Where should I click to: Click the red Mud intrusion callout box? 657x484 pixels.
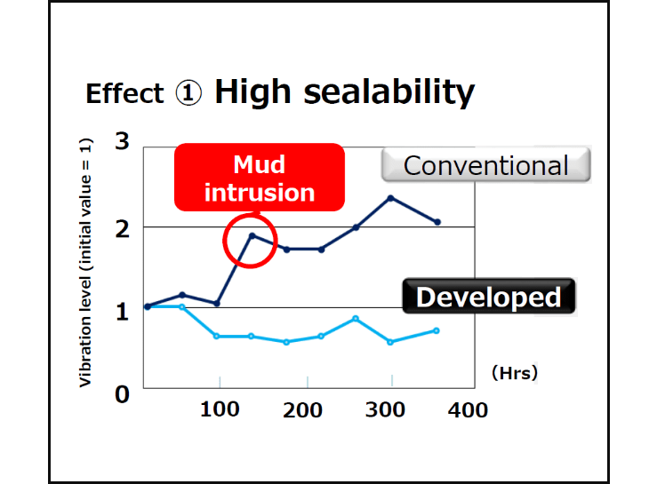coord(259,178)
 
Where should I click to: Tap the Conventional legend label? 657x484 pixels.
coord(485,165)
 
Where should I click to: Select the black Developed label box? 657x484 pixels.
coord(488,297)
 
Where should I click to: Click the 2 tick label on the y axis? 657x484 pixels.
coord(122,227)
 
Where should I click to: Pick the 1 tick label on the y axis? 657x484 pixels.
coord(122,311)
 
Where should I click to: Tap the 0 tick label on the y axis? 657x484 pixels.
coord(122,393)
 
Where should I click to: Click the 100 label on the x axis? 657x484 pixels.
coord(220,409)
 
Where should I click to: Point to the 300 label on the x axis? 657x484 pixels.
coord(387,409)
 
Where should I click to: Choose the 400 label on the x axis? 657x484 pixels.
coord(468,409)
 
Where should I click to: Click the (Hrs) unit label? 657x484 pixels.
coord(515,374)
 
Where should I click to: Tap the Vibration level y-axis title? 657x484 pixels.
coord(86,263)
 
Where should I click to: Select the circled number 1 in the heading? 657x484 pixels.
coord(188,93)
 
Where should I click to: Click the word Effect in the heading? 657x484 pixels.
coord(124,94)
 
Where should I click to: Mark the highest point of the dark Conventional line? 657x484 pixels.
coord(390,197)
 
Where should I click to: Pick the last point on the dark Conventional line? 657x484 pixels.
coord(437,222)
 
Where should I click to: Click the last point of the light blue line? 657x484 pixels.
coord(436,330)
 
